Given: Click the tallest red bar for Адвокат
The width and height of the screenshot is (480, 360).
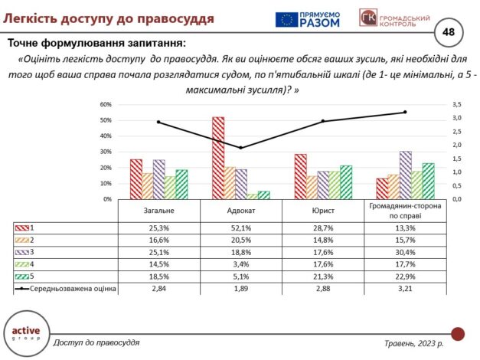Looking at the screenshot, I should [218, 158].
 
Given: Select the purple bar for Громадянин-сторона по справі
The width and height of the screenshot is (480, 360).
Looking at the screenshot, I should [405, 175].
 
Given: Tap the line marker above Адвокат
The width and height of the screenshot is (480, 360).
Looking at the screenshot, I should [241, 148].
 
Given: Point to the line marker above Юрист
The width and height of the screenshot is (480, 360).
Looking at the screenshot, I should [323, 121].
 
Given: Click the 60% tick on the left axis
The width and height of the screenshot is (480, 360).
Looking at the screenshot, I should [106, 104].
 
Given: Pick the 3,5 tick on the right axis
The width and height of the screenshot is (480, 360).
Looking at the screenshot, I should [457, 104].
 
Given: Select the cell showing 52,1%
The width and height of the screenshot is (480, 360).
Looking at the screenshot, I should [240, 227].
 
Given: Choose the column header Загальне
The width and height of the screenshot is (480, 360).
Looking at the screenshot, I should [158, 211].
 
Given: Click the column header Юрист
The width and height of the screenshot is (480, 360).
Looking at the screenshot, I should [322, 211].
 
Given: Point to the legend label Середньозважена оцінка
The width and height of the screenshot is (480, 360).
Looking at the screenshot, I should [74, 289].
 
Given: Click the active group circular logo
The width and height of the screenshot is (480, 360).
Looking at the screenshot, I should [25, 332].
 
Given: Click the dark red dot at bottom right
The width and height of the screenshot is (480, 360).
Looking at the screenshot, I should [458, 334].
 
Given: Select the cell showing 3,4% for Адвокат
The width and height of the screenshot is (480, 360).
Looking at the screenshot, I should [240, 264].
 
